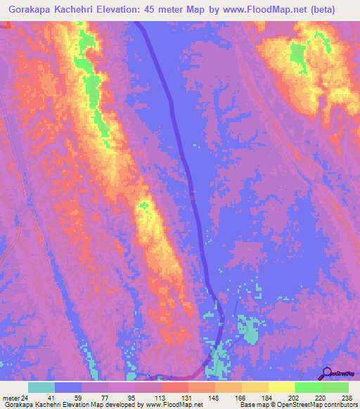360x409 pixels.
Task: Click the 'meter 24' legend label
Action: coord(14,397)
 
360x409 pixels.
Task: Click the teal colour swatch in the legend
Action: coord(41,387)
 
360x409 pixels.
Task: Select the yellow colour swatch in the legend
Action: coord(282,387)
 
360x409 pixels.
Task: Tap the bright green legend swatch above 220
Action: coord(309,387)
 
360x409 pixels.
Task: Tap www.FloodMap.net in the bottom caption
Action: coord(173,405)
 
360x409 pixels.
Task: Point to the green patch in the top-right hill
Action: coord(298,56)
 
